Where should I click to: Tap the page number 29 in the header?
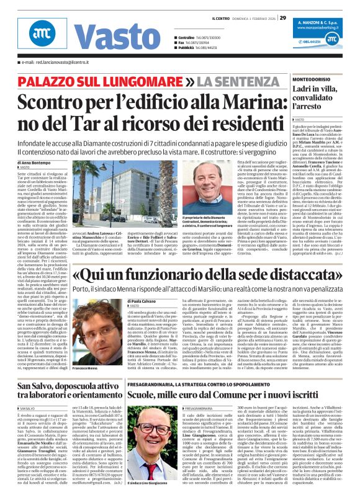pos(283,17)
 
